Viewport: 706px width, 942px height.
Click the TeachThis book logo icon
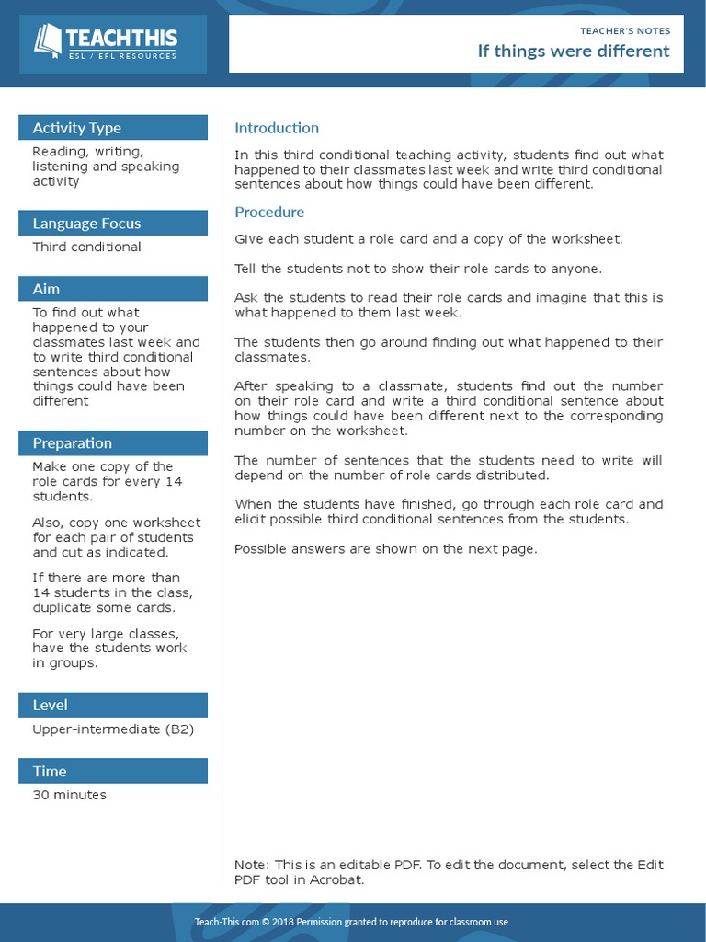(48, 40)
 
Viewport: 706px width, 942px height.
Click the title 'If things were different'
(573, 51)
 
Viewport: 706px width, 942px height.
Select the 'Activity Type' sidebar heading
(76, 128)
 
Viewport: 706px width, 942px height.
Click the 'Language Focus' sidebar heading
(86, 224)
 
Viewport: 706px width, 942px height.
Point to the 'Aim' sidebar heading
(46, 289)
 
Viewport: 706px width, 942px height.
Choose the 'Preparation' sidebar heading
(72, 443)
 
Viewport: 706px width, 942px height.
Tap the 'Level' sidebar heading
(50, 706)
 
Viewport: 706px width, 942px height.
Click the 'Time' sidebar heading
(50, 772)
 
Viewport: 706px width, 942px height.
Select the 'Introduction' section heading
(277, 128)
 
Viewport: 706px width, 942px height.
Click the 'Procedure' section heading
(269, 213)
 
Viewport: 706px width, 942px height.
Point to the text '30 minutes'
(69, 795)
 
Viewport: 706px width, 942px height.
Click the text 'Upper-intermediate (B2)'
(113, 729)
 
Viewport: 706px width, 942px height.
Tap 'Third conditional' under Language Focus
(86, 247)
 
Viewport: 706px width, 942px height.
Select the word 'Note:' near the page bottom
(251, 865)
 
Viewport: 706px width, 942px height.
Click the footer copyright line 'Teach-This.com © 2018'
(352, 922)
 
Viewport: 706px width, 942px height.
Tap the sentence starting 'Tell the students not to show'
(418, 269)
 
